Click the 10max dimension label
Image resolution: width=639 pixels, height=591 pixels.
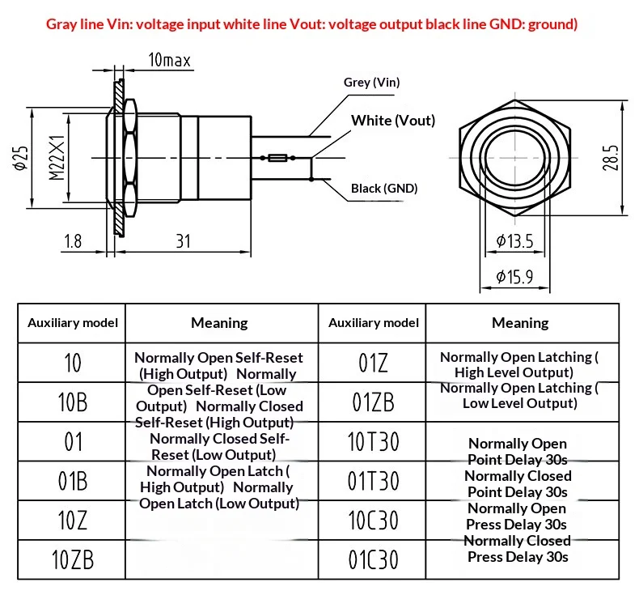tap(170, 60)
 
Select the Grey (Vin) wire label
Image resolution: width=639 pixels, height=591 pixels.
tap(371, 83)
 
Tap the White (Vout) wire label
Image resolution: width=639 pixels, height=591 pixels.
tap(393, 121)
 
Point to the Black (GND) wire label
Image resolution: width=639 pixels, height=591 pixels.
tap(384, 189)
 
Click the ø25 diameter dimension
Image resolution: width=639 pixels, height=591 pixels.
tap(21, 158)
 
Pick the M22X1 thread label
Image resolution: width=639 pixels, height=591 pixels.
tap(57, 158)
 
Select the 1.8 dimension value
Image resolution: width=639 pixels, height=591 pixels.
tap(73, 241)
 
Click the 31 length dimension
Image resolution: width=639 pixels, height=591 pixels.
tap(183, 241)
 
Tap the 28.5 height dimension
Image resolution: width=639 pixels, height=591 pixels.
tap(611, 158)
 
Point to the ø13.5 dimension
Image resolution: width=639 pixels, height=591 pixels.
tap(514, 241)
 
